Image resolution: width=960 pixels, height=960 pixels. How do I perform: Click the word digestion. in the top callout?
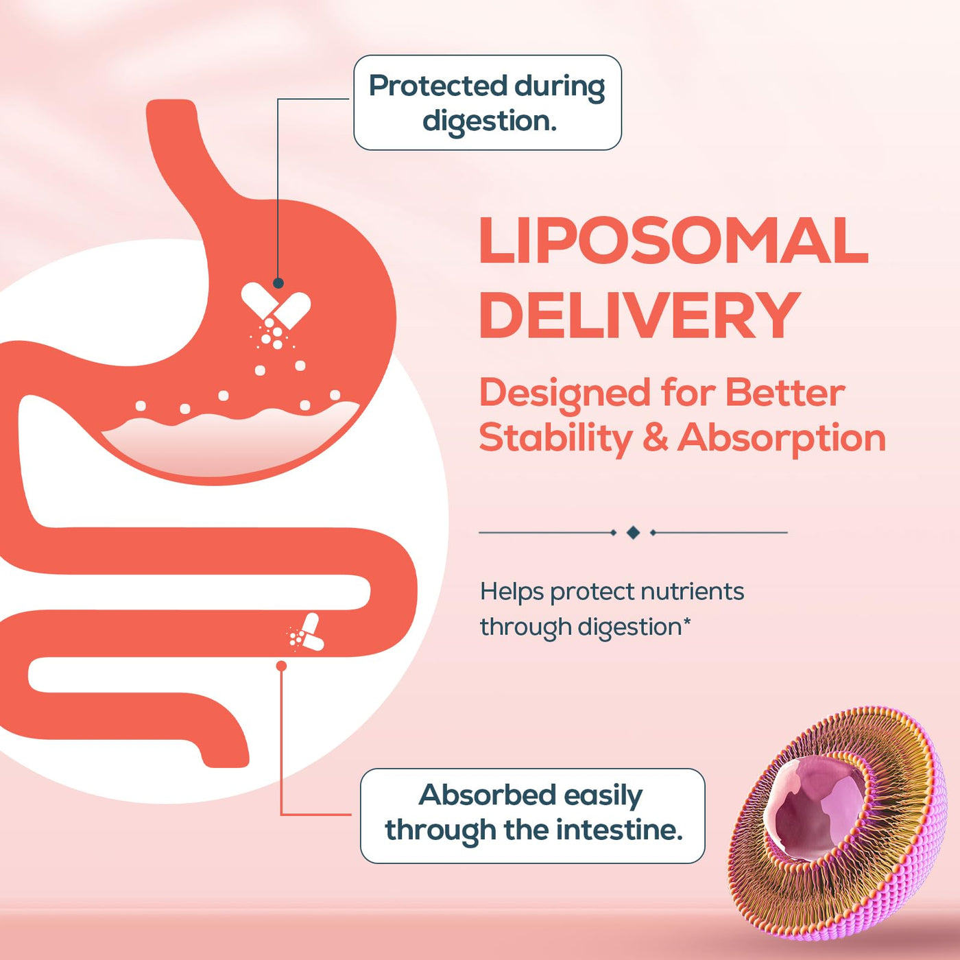[x=489, y=122]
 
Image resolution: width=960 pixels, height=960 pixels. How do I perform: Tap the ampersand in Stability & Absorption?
[x=655, y=438]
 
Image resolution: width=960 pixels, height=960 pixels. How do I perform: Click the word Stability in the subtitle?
[x=555, y=438]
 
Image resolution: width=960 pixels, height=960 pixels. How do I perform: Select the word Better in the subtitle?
[x=785, y=393]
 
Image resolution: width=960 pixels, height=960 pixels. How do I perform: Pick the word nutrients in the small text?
[x=692, y=592]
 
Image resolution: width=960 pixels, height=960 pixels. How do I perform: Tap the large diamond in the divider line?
[x=633, y=533]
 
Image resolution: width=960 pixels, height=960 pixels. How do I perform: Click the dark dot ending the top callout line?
[x=278, y=283]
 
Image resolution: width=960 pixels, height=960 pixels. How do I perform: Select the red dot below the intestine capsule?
[x=281, y=666]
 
